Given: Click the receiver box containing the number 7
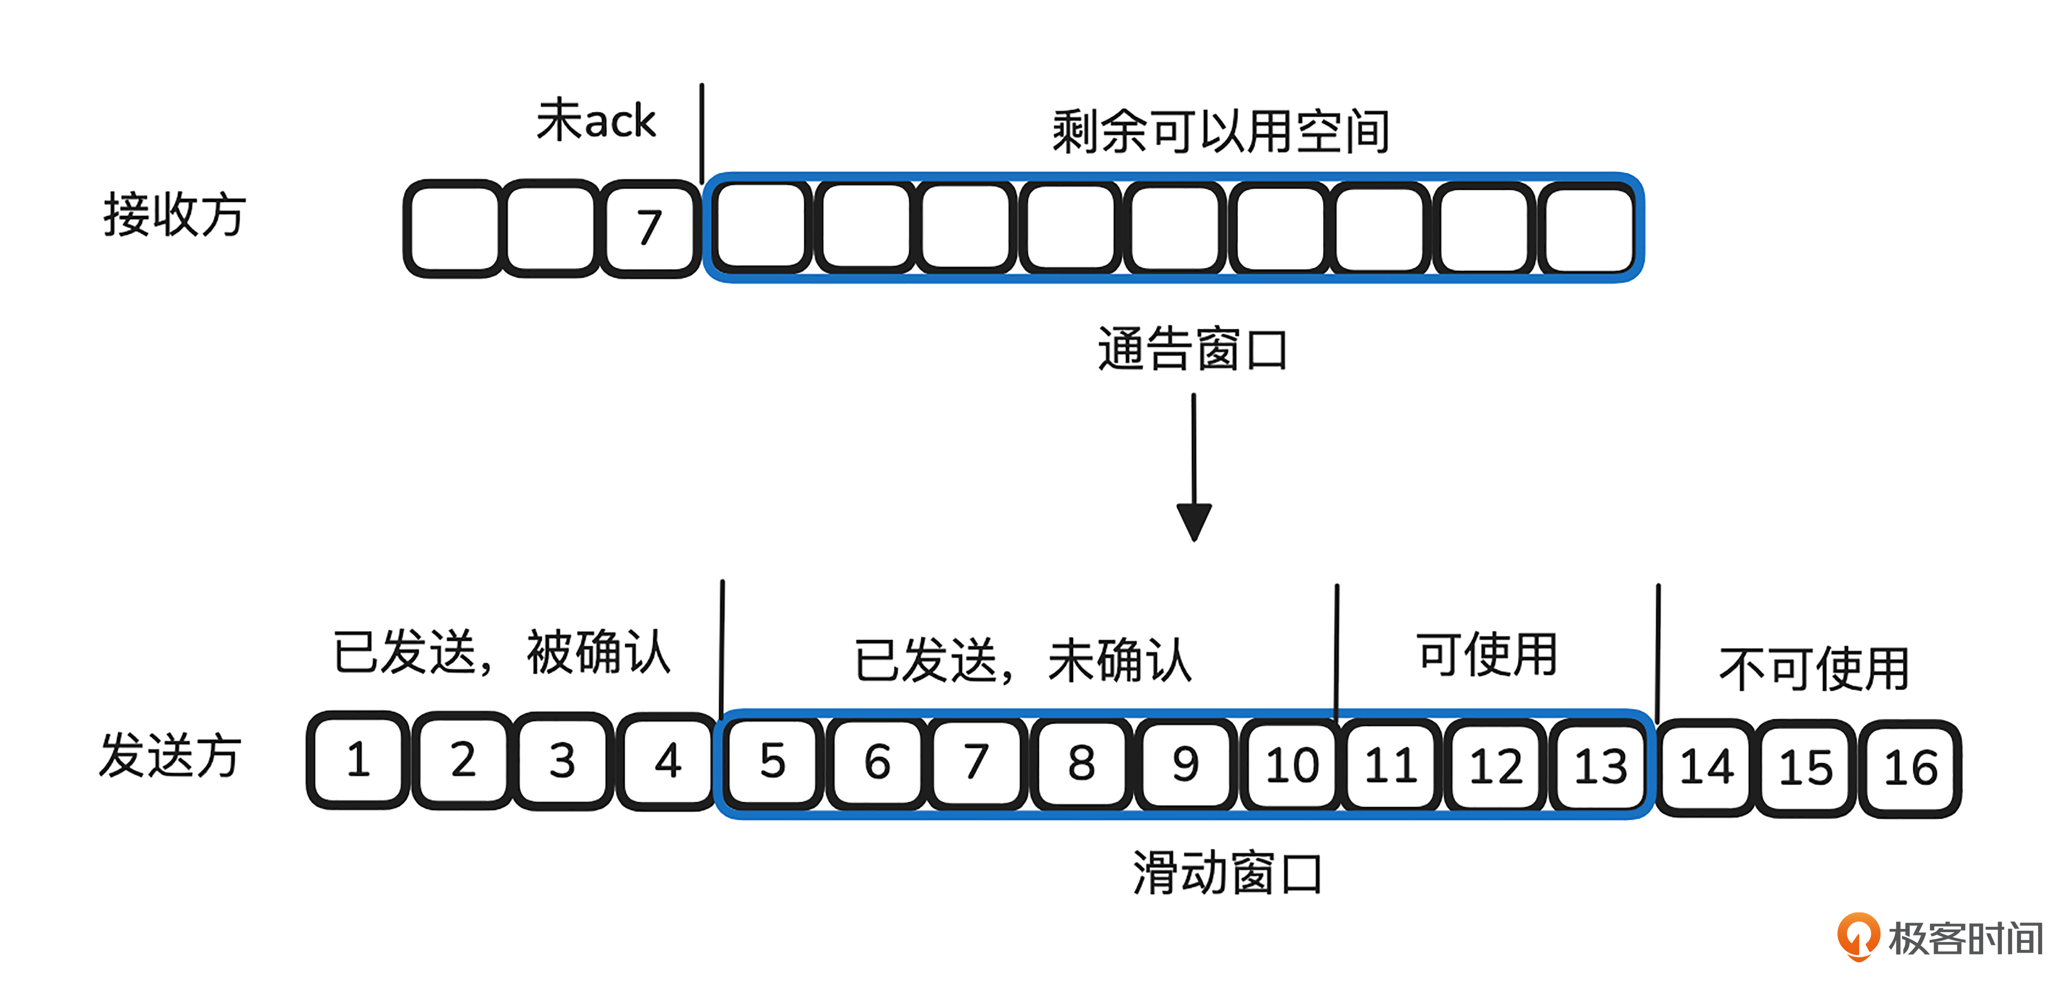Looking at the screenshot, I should (x=650, y=229).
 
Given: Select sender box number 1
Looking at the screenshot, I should (x=358, y=760).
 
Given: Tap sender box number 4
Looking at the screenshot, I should (x=668, y=761).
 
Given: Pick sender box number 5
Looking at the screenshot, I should (x=772, y=762).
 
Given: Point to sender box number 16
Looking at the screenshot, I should (x=1910, y=768).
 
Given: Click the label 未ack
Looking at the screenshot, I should (x=596, y=121).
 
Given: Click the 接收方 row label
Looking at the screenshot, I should (x=174, y=215).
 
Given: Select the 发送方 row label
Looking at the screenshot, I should (x=170, y=755).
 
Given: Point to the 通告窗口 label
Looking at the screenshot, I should (x=1192, y=349).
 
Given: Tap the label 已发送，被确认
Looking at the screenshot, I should (x=501, y=651).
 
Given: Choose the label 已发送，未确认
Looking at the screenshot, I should (x=1023, y=661).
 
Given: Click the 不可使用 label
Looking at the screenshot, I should (x=1814, y=669).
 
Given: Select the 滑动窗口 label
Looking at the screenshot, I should (x=1227, y=873).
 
